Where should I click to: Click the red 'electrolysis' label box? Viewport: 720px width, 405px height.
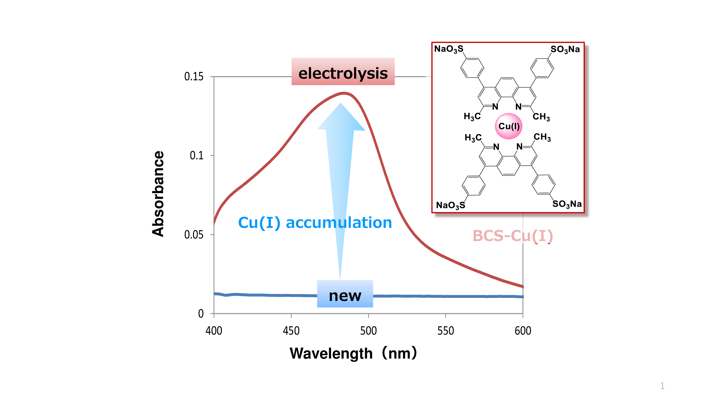[343, 72]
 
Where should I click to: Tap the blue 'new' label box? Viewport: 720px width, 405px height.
[345, 294]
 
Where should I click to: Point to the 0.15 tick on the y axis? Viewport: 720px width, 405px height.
[194, 76]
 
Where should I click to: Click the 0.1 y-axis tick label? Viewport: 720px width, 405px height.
[197, 155]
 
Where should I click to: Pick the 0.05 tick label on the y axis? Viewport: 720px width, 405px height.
[194, 235]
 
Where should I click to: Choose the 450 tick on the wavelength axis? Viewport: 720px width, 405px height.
[291, 331]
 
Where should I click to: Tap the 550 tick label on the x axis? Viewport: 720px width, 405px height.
[445, 331]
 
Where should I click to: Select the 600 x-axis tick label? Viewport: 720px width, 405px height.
[523, 331]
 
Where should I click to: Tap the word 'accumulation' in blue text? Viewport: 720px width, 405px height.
[339, 223]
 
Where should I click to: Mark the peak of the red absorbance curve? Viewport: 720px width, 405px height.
[344, 93]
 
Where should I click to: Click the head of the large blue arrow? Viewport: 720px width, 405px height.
[341, 117]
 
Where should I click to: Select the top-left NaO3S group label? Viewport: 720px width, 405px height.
[449, 49]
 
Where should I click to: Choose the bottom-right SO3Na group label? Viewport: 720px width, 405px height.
[567, 204]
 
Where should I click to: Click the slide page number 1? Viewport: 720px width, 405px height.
[662, 386]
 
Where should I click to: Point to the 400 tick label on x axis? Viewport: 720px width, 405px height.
[214, 331]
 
